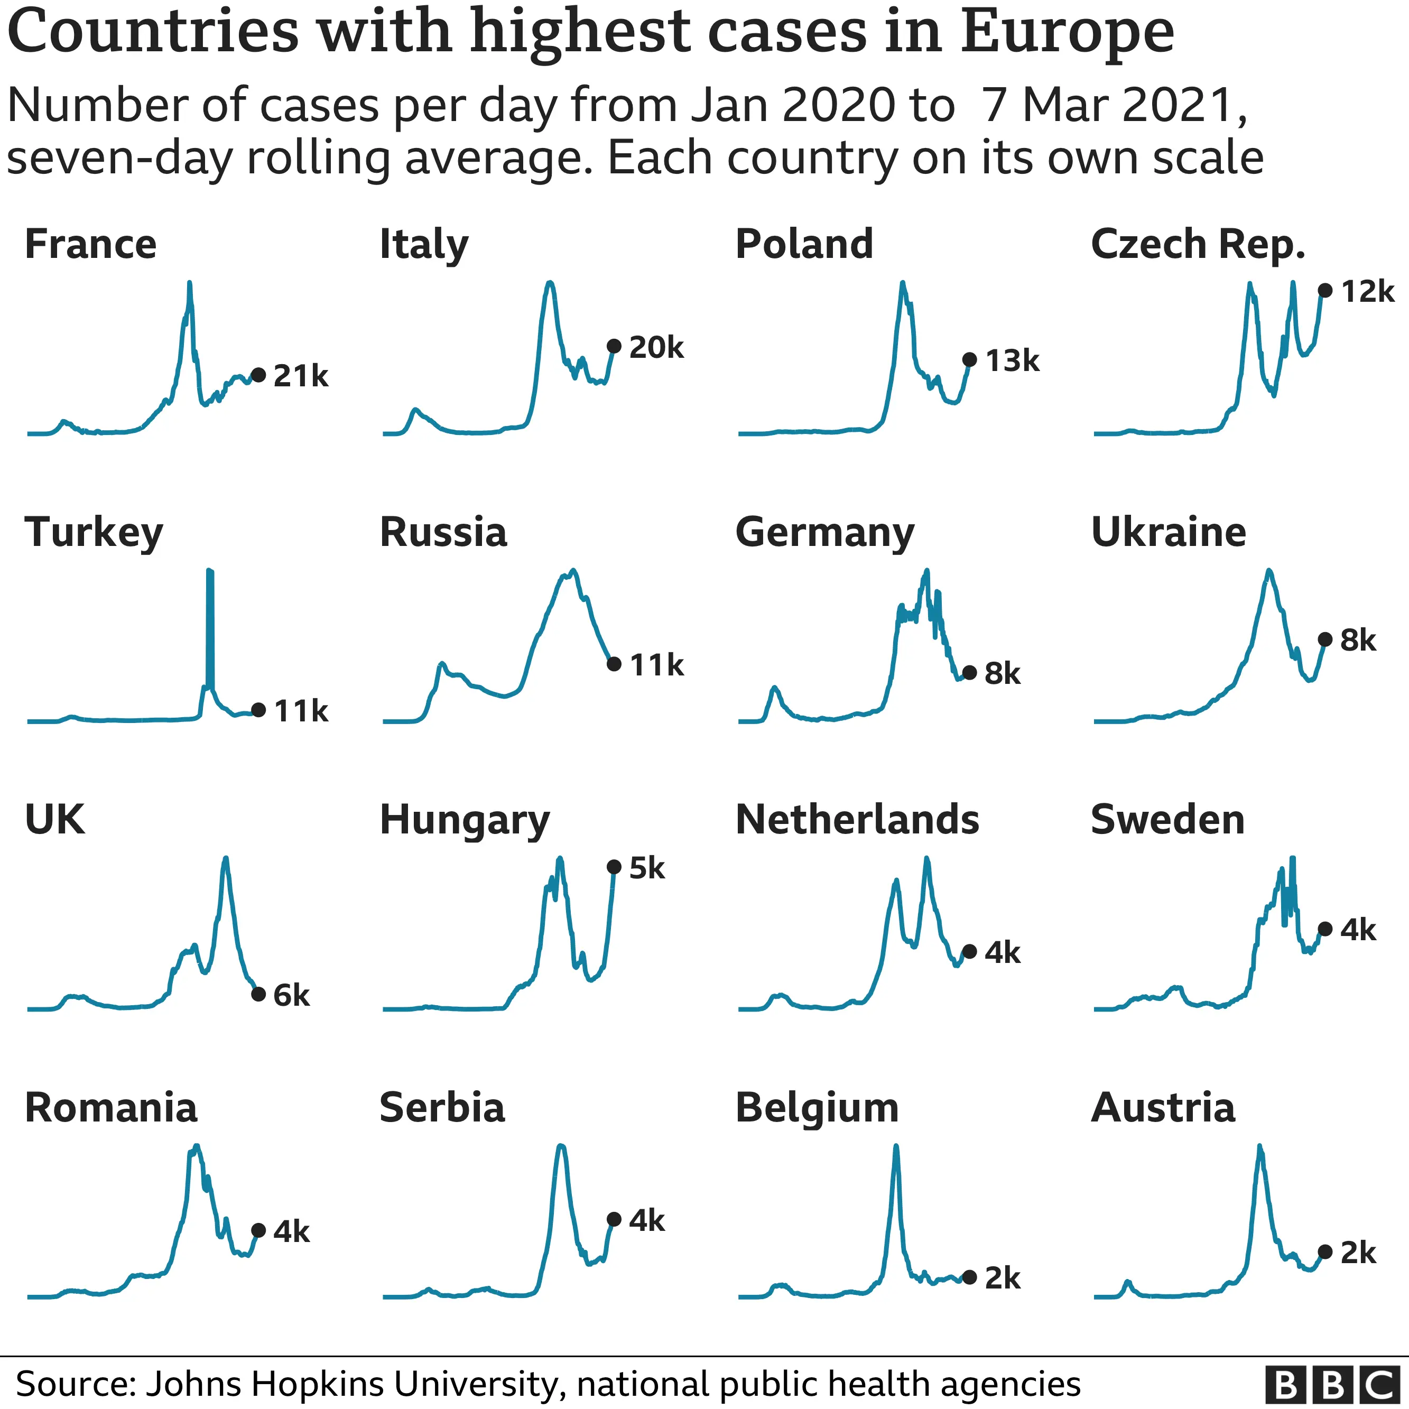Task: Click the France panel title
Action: tap(90, 244)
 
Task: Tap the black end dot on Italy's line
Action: tap(614, 346)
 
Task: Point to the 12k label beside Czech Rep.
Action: tap(1367, 292)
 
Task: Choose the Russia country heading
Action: tap(443, 532)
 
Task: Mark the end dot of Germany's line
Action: tap(969, 672)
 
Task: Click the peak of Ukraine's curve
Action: tap(1269, 571)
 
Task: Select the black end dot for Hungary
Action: tap(614, 867)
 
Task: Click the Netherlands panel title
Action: tap(857, 820)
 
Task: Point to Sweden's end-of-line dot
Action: tap(1325, 929)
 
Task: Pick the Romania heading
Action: tap(111, 1108)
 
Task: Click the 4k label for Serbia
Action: tap(646, 1221)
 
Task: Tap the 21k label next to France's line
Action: tap(301, 376)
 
